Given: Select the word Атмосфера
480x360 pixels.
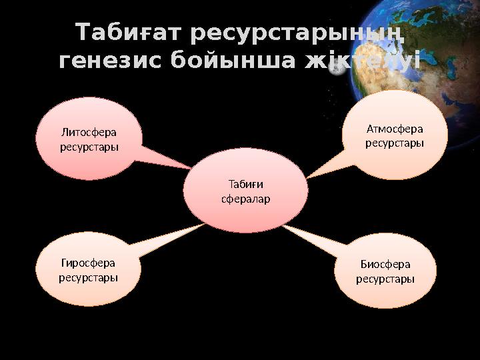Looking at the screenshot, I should tap(395, 129).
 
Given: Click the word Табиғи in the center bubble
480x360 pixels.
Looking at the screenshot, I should tap(245, 185).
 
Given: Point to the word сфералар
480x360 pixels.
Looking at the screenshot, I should tap(245, 199).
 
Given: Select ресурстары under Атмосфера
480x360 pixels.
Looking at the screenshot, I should tap(395, 143).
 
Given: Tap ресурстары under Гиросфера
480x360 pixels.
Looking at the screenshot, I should tap(88, 277).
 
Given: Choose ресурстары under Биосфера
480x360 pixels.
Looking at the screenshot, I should tap(385, 279).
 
